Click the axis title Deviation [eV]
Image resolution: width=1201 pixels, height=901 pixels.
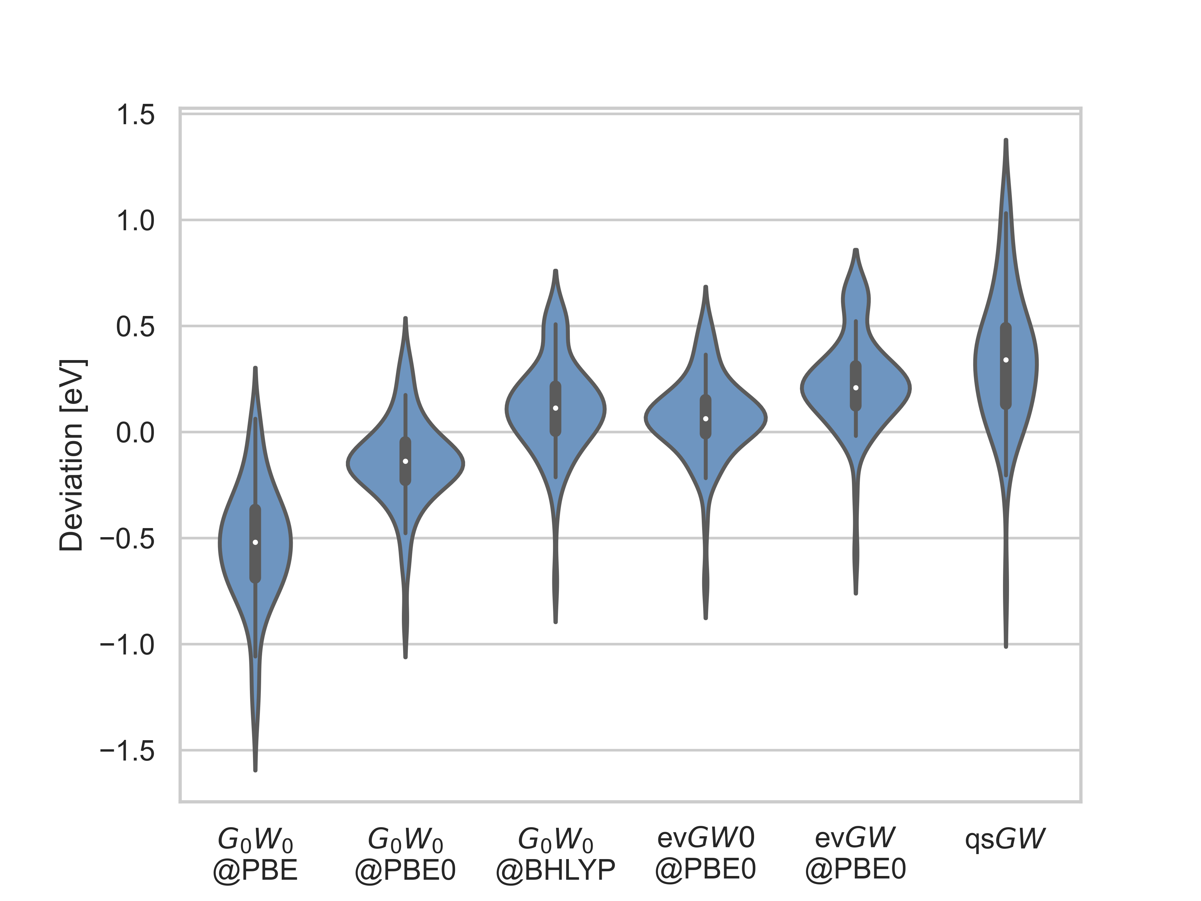72,455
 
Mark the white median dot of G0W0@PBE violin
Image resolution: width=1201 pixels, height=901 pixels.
255,542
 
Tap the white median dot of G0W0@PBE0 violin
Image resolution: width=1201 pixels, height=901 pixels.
406,461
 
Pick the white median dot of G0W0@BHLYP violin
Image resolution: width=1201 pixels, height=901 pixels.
555,408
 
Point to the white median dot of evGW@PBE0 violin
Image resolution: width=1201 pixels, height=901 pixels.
856,388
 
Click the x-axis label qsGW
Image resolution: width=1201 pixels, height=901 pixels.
1005,839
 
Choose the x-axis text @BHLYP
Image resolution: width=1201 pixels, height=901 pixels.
555,870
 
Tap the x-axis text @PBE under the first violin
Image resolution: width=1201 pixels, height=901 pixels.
255,870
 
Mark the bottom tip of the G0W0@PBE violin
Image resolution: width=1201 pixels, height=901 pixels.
255,770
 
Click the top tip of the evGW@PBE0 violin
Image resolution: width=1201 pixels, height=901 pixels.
856,250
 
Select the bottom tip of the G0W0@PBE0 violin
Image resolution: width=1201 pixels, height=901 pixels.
406,657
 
